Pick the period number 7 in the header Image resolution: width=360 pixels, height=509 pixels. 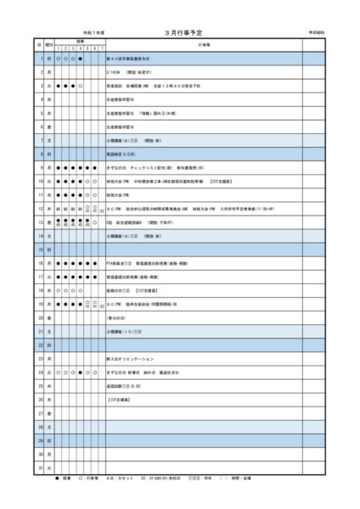point(103,47)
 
